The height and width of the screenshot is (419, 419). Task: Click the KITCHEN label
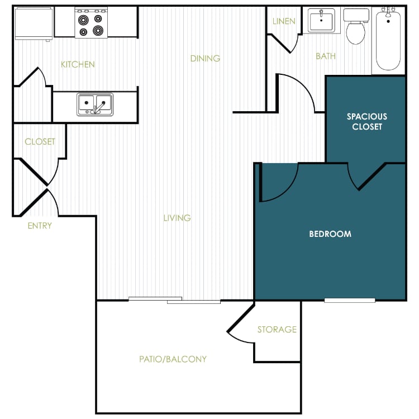click(x=78, y=64)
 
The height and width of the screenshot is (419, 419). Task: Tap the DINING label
click(x=205, y=58)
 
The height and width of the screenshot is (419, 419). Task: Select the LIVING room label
click(x=177, y=218)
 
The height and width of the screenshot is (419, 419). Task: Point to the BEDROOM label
click(x=330, y=234)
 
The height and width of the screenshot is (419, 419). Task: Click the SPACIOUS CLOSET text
click(x=366, y=121)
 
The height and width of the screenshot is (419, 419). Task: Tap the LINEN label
click(x=284, y=21)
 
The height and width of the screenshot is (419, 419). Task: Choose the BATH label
click(x=326, y=56)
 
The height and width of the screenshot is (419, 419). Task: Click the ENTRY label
click(x=40, y=226)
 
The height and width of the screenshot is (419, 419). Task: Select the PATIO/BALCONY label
click(x=173, y=359)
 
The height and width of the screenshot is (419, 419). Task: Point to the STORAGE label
click(x=277, y=330)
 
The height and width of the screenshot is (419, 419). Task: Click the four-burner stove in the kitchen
click(x=91, y=23)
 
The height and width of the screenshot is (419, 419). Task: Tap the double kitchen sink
click(x=95, y=104)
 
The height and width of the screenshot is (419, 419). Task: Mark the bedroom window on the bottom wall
click(x=350, y=301)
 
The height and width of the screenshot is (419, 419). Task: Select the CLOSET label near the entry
click(x=40, y=142)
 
